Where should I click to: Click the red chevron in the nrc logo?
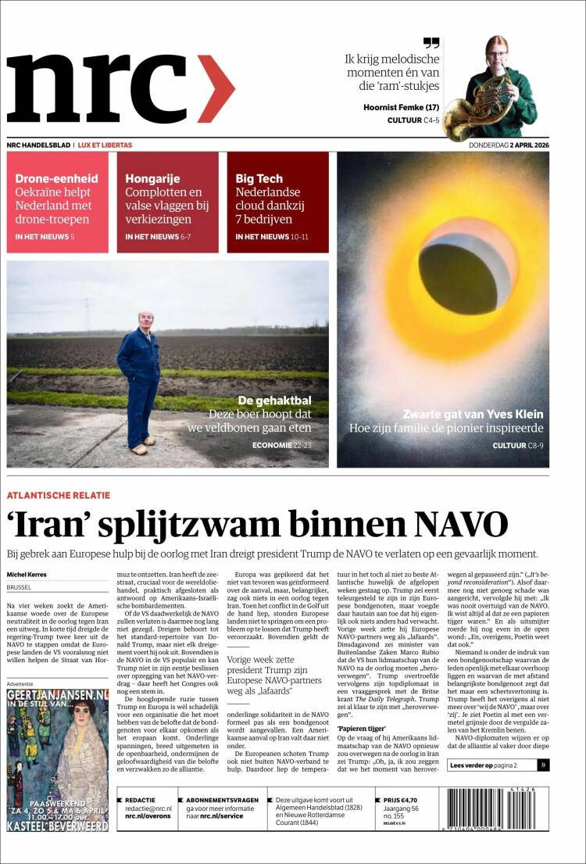[x=216, y=88]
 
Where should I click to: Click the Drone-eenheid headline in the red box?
[x=56, y=178]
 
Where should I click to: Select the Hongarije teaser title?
[x=152, y=178]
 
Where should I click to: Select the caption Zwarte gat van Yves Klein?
[x=473, y=414]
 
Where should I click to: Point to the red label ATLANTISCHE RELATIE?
[x=59, y=495]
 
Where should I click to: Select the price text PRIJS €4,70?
[x=400, y=801]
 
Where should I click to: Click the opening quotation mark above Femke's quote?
[x=431, y=43]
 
